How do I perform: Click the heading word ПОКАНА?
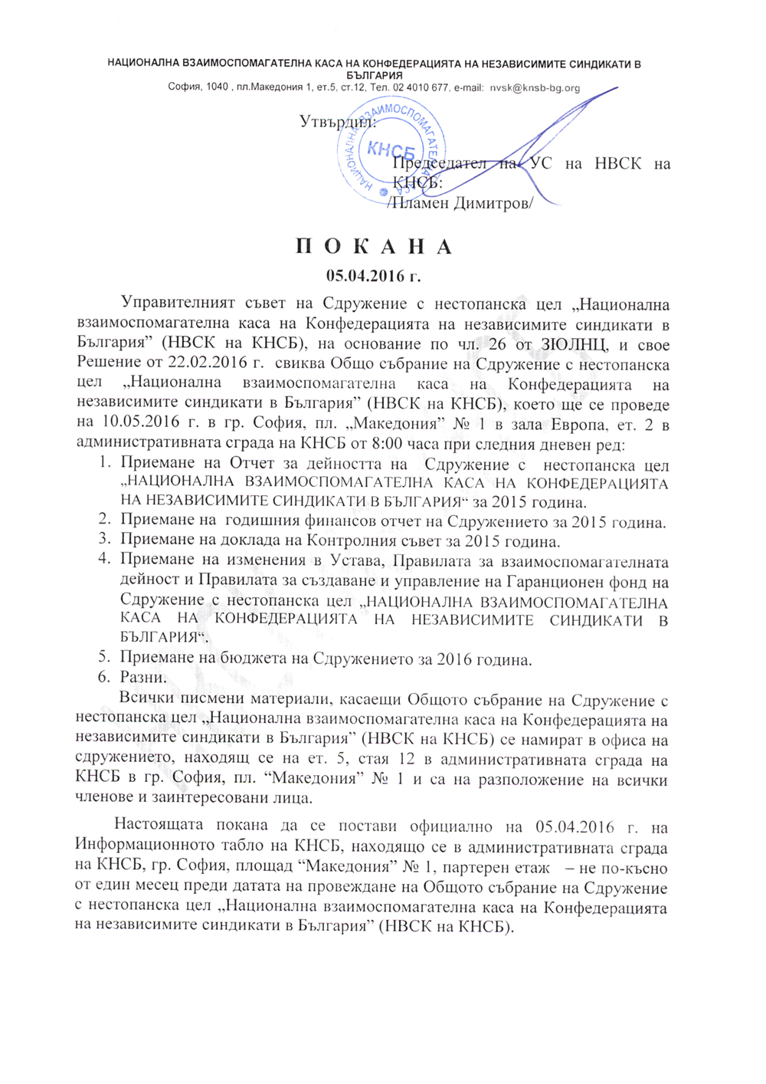pyautogui.click(x=375, y=247)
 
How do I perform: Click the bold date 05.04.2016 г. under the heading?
pyautogui.click(x=374, y=275)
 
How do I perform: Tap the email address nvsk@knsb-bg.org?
pyautogui.click(x=535, y=87)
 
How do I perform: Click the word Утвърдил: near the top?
pyautogui.click(x=337, y=122)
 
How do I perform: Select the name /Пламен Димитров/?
pyautogui.click(x=460, y=203)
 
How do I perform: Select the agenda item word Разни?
pyautogui.click(x=142, y=678)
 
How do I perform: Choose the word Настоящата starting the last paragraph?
pyautogui.click(x=159, y=826)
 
